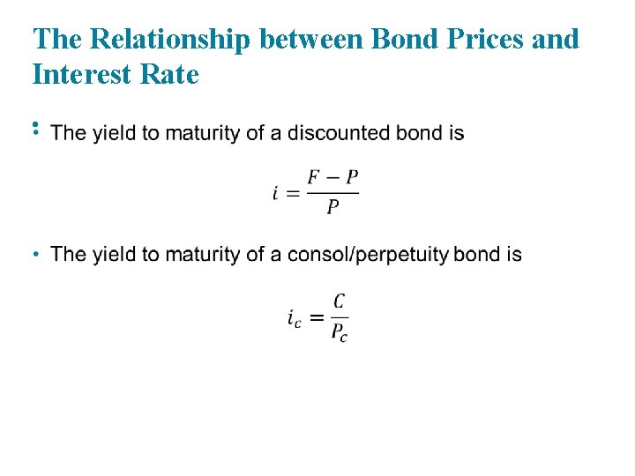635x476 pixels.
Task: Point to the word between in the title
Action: [x=313, y=40]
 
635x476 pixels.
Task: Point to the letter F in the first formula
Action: [x=314, y=177]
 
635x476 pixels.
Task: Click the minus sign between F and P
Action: [x=332, y=177]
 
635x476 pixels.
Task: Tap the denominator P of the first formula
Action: [x=332, y=207]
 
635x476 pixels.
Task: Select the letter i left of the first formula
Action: [x=277, y=192]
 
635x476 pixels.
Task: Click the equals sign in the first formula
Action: [x=293, y=192]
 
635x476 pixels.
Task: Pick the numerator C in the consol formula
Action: [x=339, y=301]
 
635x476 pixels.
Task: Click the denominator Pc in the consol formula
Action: [x=340, y=332]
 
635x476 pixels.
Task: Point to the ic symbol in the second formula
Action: [x=294, y=317]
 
